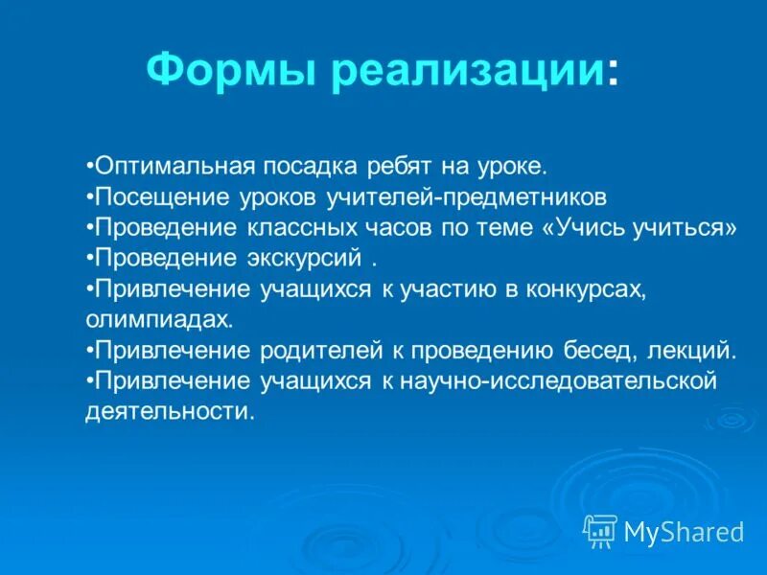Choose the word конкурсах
pyautogui.click(x=587, y=289)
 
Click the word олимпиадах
pyautogui.click(x=145, y=320)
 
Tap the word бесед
pyautogui.click(x=600, y=351)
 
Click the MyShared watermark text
pyautogui.click(x=684, y=531)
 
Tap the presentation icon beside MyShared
pyautogui.click(x=600, y=530)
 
